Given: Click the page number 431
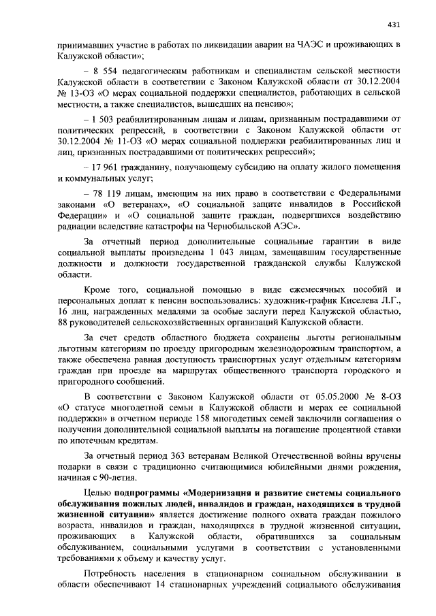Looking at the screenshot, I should coord(393,25).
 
